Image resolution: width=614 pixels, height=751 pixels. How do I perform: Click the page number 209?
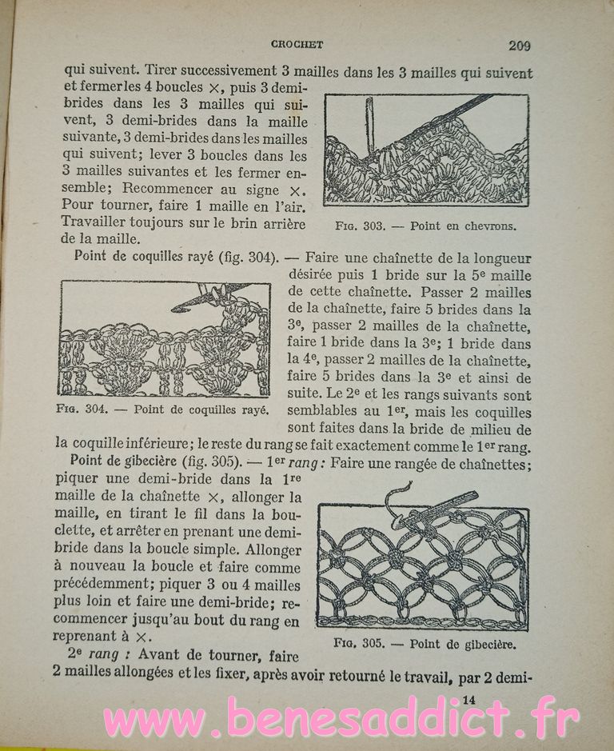pos(519,46)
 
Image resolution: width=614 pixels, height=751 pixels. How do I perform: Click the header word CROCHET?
pos(297,45)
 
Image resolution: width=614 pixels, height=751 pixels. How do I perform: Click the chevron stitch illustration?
pos(426,150)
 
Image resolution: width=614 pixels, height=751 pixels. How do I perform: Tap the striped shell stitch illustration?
pos(163,338)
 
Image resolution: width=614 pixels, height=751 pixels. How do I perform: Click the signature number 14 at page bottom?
pos(469,700)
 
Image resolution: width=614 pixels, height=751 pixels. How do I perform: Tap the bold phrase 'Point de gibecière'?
pos(121,461)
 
